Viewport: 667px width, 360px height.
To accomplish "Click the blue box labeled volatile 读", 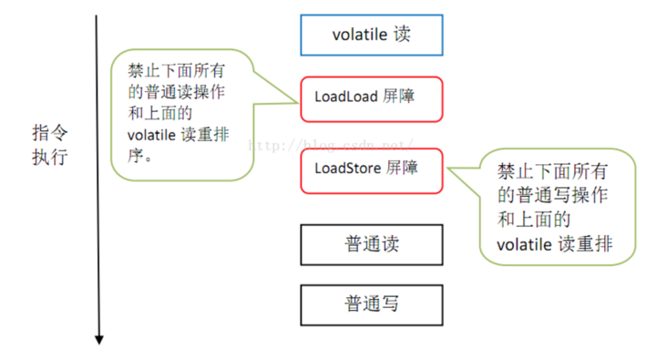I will point(371,35).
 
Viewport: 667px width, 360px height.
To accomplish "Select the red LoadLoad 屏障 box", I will point(371,97).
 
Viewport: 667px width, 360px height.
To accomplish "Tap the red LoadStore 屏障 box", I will point(371,169).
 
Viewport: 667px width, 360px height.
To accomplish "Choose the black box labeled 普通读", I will point(371,244).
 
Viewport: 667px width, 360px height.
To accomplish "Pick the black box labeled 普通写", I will point(371,303).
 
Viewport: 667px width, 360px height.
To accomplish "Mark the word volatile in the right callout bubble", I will point(523,243).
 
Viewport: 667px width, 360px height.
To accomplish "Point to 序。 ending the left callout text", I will point(139,155).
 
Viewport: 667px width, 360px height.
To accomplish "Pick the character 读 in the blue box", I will point(402,35).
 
